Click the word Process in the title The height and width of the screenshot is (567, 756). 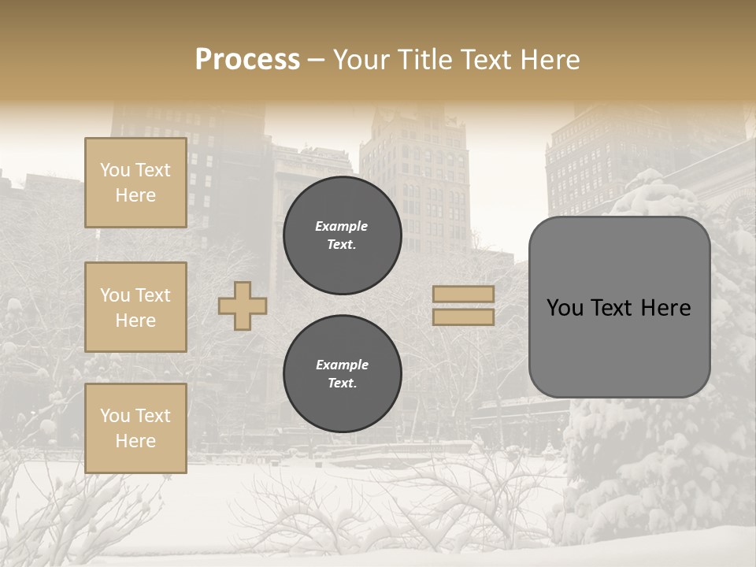click(x=247, y=60)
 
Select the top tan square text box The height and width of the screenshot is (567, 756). click(x=135, y=183)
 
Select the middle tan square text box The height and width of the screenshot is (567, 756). click(x=135, y=307)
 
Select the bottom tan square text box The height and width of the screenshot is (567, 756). click(x=135, y=428)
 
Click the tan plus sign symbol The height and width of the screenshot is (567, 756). click(x=243, y=306)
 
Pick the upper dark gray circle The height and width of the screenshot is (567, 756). click(x=343, y=235)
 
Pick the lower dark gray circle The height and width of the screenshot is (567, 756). click(x=343, y=374)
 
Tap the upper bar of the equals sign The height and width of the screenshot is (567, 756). click(x=464, y=294)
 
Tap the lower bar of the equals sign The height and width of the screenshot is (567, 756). click(x=464, y=317)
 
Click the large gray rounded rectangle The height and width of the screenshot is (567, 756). click(x=619, y=307)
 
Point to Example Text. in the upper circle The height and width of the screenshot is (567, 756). click(x=342, y=235)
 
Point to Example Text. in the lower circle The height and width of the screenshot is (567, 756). click(x=342, y=374)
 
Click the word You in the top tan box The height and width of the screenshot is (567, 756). click(x=115, y=170)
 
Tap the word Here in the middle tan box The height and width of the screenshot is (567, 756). click(x=135, y=321)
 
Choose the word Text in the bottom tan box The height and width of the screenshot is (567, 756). click(x=152, y=416)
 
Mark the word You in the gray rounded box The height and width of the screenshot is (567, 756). click(x=565, y=308)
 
